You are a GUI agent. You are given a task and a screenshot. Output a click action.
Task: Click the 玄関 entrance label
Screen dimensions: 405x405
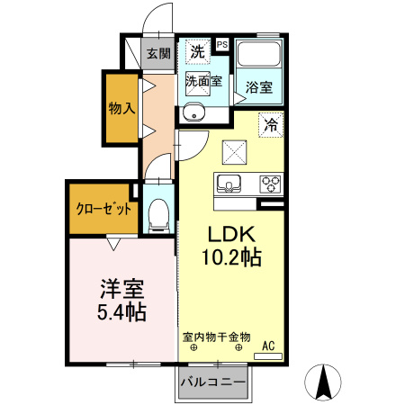tap(158, 53)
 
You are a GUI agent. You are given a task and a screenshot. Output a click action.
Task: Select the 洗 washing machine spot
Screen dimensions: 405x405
tap(196, 51)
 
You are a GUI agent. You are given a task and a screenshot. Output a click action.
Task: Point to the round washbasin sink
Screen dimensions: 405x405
tap(193, 112)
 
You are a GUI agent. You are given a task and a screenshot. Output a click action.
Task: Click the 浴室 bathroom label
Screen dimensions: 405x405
tap(259, 88)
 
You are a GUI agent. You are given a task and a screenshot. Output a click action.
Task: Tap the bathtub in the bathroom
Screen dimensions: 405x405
tap(259, 56)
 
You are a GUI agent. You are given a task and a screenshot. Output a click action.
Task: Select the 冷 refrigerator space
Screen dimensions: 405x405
tap(269, 125)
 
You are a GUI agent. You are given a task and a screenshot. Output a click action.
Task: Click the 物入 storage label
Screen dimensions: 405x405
tap(121, 109)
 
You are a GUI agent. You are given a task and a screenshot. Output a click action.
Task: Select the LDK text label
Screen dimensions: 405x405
tap(229, 231)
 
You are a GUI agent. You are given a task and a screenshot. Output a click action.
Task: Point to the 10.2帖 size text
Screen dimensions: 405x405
tap(230, 258)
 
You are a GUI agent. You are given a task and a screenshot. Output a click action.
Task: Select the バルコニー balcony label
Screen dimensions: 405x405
tap(212, 382)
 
